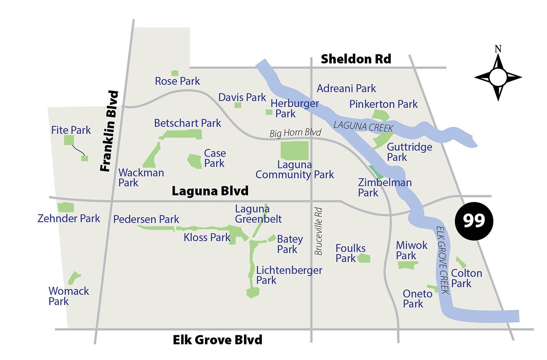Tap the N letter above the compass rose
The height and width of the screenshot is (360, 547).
(498, 49)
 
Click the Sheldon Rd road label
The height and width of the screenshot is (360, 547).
(356, 59)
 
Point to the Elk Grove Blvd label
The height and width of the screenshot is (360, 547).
(217, 339)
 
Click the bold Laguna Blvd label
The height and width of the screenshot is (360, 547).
(210, 191)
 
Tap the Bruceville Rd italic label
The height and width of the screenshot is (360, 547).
(319, 232)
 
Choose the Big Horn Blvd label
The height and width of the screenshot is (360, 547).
(295, 133)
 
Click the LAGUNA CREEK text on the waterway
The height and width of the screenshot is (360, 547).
(363, 126)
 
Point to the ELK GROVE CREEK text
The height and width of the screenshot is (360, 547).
(442, 260)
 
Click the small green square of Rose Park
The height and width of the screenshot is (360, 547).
(175, 73)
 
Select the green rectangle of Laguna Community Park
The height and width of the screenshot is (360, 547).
(294, 150)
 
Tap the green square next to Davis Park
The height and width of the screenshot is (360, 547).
(238, 105)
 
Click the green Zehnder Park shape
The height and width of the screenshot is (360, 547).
(66, 207)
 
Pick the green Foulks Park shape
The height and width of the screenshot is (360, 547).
(363, 258)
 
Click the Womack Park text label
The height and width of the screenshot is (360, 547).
(69, 296)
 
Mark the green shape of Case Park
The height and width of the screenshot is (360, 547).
(195, 161)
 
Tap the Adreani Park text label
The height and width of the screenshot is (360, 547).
(346, 88)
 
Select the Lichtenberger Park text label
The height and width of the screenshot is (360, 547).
(289, 275)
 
